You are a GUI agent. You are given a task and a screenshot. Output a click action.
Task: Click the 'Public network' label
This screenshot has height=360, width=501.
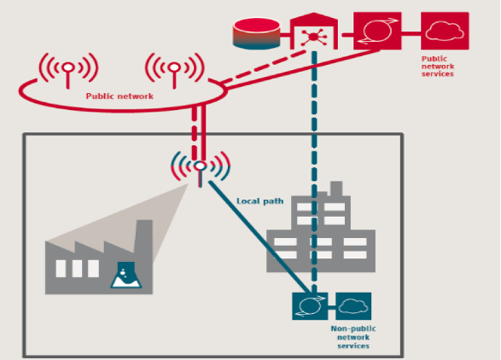pyautogui.click(x=119, y=96)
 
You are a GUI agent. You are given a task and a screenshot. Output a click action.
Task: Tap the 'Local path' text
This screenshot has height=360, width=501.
pyautogui.click(x=259, y=201)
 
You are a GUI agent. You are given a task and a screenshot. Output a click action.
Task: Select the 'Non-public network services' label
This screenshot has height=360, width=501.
pyautogui.click(x=353, y=337)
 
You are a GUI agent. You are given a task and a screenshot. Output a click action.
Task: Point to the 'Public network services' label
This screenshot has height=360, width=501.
pyautogui.click(x=438, y=67)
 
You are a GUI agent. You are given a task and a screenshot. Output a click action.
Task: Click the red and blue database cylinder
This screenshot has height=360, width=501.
pyautogui.click(x=257, y=33)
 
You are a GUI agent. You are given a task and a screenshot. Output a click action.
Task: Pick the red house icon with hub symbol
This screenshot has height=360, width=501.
pyautogui.click(x=314, y=32)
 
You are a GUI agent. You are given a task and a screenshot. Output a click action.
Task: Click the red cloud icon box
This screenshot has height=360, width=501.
pyautogui.click(x=445, y=31)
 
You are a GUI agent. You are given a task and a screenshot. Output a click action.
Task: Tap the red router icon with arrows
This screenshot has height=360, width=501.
pyautogui.click(x=377, y=31)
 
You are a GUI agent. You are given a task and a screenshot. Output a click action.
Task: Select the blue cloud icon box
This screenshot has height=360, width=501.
pyautogui.click(x=353, y=306)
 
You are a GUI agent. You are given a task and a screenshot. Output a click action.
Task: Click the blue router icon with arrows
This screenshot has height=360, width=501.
pyautogui.click(x=310, y=306)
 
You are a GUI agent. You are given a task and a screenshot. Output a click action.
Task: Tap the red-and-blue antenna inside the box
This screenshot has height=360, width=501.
pyautogui.click(x=201, y=168)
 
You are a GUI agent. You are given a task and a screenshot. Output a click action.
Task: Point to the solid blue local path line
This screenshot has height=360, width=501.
pyautogui.click(x=259, y=236)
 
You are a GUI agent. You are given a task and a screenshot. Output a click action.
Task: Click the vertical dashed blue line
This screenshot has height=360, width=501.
pyautogui.click(x=314, y=171)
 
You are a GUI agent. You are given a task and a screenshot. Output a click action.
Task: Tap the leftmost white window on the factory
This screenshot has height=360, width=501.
pyautogui.click(x=61, y=269)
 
